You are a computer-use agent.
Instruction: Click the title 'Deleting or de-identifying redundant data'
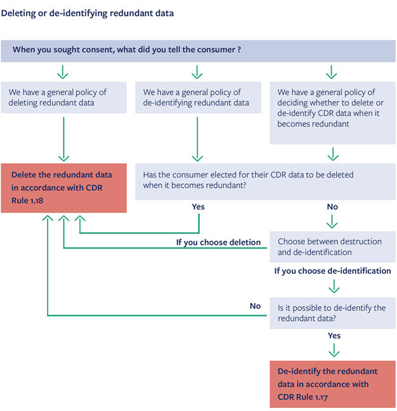pos(88,13)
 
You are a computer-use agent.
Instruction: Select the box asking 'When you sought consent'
pos(198,51)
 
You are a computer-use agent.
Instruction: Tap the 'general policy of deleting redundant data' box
pos(63,98)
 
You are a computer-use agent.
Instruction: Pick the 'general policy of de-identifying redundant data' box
pos(198,98)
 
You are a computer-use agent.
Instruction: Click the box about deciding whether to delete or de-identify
pos(332,113)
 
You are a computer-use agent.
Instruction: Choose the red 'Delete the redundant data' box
pos(63,188)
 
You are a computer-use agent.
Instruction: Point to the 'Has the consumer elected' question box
pos(265,181)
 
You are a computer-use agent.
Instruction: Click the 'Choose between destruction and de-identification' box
pos(332,247)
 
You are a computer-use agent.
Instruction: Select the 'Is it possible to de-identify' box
pos(332,313)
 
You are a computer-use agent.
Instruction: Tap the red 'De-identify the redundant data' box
pos(332,384)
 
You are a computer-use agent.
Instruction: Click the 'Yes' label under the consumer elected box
pos(198,207)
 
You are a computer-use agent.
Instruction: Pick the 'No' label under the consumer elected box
pos(332,207)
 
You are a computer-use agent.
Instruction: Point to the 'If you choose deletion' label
pos(218,242)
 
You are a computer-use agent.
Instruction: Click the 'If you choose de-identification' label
pos(332,271)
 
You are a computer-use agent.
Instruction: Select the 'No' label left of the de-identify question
pos(255,306)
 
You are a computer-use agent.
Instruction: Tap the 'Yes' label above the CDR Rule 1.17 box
pos(334,336)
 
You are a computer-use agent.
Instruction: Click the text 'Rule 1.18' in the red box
pos(27,200)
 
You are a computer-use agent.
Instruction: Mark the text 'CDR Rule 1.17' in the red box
pos(303,397)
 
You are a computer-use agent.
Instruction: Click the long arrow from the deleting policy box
pos(63,139)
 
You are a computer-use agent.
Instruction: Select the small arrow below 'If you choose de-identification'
pos(334,286)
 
